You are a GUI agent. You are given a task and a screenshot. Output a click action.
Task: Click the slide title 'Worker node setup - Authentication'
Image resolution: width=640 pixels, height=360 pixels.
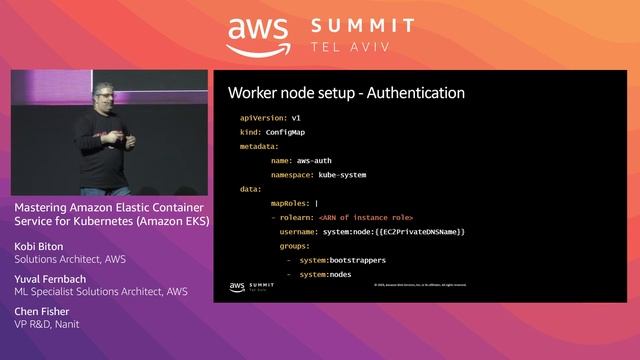[x=346, y=93]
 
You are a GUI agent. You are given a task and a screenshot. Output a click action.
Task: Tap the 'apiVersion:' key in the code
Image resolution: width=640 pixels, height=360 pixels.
[x=250, y=117]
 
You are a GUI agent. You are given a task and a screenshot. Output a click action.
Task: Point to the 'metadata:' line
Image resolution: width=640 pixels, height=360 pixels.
[x=259, y=146]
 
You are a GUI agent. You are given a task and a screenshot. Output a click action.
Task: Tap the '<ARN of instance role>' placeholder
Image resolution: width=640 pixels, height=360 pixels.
[x=365, y=217]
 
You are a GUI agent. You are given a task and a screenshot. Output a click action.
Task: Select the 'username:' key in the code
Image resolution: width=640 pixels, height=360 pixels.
[x=300, y=231]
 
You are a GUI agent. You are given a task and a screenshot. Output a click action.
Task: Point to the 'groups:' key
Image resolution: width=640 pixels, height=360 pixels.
[x=294, y=245]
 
